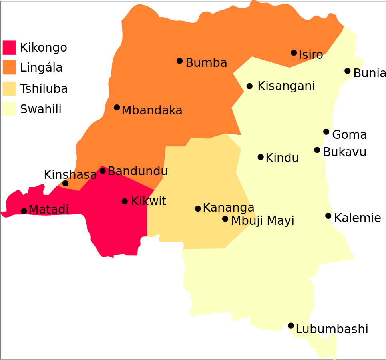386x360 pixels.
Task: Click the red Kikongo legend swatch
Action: [9, 47]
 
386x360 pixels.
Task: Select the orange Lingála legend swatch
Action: [9, 67]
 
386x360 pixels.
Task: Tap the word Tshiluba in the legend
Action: [44, 89]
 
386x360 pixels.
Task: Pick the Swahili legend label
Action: [40, 109]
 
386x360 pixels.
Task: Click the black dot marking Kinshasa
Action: [65, 183]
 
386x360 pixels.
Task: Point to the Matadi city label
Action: [48, 210]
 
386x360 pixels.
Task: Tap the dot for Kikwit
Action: [125, 201]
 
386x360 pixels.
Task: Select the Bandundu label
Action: [137, 171]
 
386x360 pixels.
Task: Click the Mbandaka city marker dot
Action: [117, 107]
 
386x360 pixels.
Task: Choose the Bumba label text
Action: [206, 63]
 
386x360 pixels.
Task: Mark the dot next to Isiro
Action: [294, 52]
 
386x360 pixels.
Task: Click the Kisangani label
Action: [286, 86]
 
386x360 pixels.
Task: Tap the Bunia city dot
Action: [347, 71]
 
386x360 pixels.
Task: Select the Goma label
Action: [349, 135]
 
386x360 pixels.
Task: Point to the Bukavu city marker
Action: [317, 150]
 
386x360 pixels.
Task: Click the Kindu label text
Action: [282, 158]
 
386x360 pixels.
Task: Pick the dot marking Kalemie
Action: [328, 216]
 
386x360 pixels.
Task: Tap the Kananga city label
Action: [228, 208]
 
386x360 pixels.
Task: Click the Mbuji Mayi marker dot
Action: [225, 219]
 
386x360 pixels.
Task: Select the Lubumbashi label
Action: [332, 329]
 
